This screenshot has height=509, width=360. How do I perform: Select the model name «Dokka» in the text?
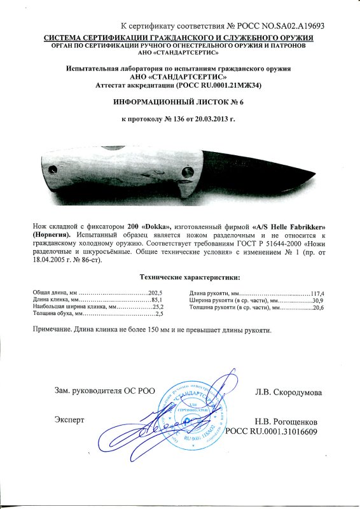(x=155, y=227)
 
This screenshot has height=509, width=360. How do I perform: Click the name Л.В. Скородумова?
(x=288, y=392)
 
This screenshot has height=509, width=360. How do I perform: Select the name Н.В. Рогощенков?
(x=286, y=421)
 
